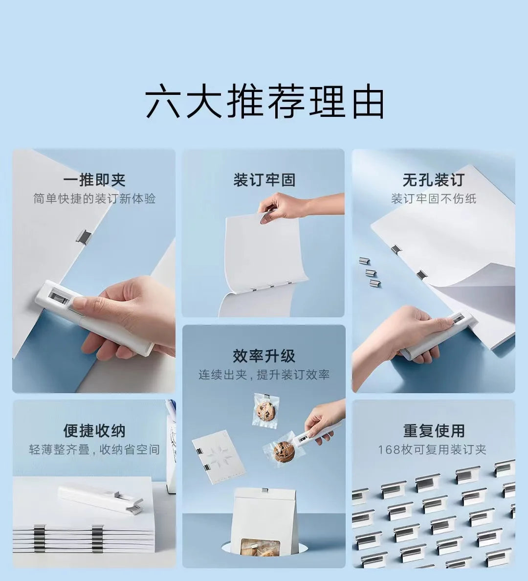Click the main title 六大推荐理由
(x=264, y=101)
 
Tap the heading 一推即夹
(x=94, y=179)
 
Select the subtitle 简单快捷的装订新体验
(x=94, y=199)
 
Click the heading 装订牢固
(x=264, y=179)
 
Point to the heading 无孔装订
(x=433, y=179)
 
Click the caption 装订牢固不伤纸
(x=433, y=199)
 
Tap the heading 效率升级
(x=264, y=356)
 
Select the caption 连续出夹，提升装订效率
(x=264, y=375)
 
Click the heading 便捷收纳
(x=94, y=430)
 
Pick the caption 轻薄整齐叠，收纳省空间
(x=94, y=449)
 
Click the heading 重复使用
(x=433, y=430)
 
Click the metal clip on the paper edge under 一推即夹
(x=84, y=236)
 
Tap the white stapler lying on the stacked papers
(x=100, y=499)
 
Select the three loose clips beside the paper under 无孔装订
(x=371, y=272)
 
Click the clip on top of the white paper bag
(x=264, y=490)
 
